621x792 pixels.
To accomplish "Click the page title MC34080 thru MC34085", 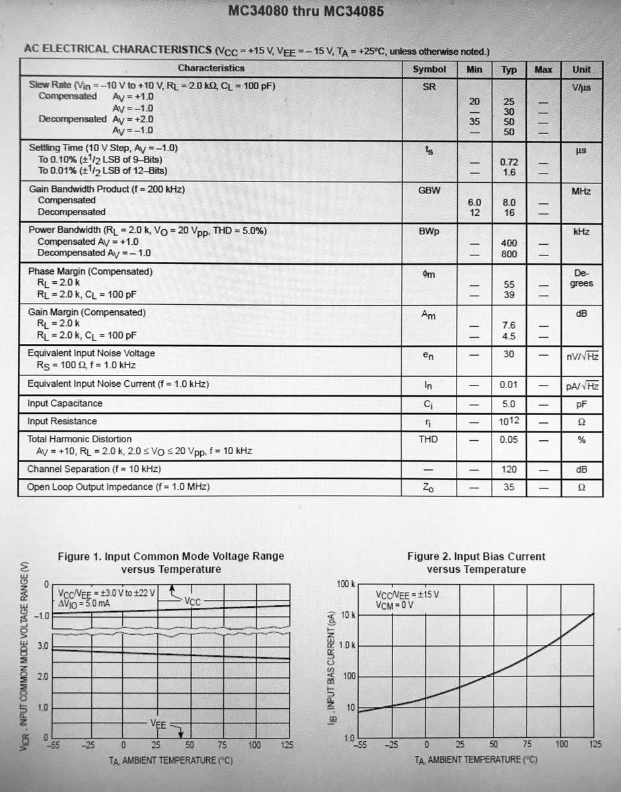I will pos(305,12).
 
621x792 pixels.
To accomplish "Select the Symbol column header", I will pos(429,69).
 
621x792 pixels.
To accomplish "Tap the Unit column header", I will pos(581,69).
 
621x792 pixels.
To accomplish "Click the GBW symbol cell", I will pos(430,189).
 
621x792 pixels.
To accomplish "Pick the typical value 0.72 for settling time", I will pos(509,162).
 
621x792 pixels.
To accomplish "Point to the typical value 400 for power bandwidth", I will pos(509,243).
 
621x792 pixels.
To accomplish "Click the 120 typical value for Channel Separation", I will pos(509,469).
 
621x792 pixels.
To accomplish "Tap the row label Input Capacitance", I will pos(65,403).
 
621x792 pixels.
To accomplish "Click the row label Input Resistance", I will pos(62,421).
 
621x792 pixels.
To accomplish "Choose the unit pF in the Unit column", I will pos(581,404).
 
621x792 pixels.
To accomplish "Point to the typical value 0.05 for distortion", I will pos(509,440).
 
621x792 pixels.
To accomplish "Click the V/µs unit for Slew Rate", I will pos(581,86).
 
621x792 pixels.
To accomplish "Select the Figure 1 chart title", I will pos(171,562).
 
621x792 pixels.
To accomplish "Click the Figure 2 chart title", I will pos(476,562).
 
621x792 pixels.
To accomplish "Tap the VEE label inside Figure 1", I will pos(159,724).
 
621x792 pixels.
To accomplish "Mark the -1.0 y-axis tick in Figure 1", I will pos(42,616).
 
